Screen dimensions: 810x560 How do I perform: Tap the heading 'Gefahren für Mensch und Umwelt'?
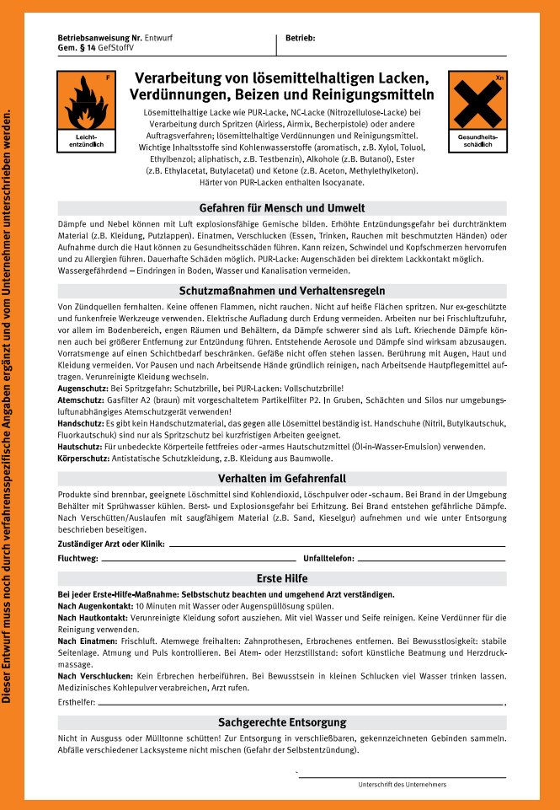pos(281,207)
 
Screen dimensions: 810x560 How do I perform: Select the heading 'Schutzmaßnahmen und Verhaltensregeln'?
pos(281,290)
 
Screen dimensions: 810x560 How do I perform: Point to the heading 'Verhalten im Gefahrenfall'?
pos(281,477)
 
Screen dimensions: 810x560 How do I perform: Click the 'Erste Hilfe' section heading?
pos(281,578)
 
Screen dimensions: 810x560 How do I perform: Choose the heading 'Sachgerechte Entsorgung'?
pos(281,722)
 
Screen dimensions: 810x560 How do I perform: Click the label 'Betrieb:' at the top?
pos(301,39)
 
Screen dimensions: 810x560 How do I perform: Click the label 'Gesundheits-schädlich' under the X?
pos(477,141)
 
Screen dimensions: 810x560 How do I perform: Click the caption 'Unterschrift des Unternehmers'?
pos(402,785)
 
